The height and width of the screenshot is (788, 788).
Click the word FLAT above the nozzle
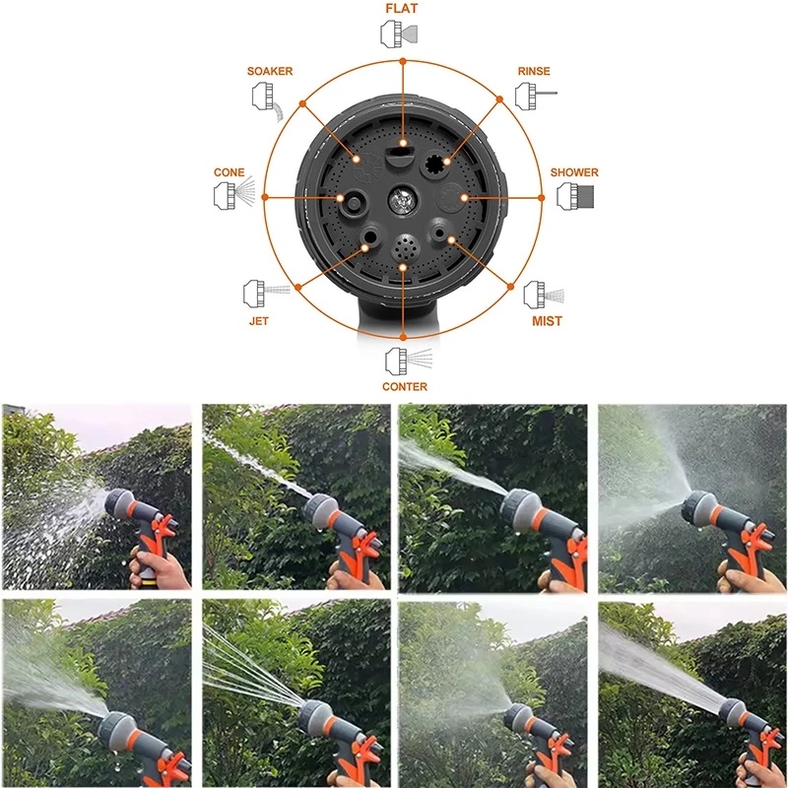(x=402, y=9)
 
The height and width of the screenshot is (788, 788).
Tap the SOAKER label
(x=270, y=71)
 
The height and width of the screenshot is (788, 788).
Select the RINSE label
(x=534, y=71)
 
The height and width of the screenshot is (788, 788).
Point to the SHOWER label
(x=574, y=172)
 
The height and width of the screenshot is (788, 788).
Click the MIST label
(x=548, y=321)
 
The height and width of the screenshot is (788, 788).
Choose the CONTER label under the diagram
(x=405, y=386)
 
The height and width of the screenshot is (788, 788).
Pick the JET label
(x=259, y=321)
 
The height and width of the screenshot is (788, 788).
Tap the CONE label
(x=230, y=172)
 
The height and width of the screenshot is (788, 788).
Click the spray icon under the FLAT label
(x=400, y=34)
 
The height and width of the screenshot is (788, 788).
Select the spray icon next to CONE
(x=234, y=195)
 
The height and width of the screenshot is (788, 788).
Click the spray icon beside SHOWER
(x=575, y=196)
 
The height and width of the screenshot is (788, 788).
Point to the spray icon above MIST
(x=544, y=295)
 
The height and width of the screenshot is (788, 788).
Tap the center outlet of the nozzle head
(x=403, y=200)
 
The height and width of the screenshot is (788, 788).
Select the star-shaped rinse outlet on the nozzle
(x=434, y=164)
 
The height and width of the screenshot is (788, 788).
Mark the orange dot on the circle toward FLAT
(x=403, y=61)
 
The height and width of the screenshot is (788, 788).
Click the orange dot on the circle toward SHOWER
(x=541, y=198)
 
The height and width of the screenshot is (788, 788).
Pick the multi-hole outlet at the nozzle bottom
(x=406, y=247)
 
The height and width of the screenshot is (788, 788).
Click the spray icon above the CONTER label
(x=409, y=361)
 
